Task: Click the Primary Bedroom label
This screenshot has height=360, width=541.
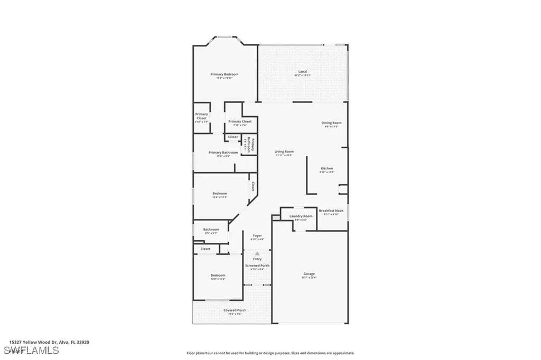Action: click(225, 74)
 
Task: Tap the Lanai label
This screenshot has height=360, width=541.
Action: click(303, 72)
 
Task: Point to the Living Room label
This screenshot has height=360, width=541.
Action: click(284, 152)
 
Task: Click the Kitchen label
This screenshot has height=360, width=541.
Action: click(327, 169)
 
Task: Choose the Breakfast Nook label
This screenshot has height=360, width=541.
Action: click(331, 210)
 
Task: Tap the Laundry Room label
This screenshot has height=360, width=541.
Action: click(301, 216)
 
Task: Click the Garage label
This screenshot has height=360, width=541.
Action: click(309, 274)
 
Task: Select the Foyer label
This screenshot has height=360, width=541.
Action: click(257, 235)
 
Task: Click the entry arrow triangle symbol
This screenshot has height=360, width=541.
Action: click(257, 253)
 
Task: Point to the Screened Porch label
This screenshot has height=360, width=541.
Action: click(257, 266)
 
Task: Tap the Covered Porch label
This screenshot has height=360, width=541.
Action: click(235, 310)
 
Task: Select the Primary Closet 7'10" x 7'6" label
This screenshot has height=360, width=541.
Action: click(240, 122)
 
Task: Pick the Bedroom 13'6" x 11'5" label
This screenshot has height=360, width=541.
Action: click(220, 194)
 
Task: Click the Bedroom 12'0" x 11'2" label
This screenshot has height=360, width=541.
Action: click(218, 276)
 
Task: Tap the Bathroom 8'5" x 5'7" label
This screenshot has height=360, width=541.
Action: click(211, 230)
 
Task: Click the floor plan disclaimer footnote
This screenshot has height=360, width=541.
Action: click(270, 353)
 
